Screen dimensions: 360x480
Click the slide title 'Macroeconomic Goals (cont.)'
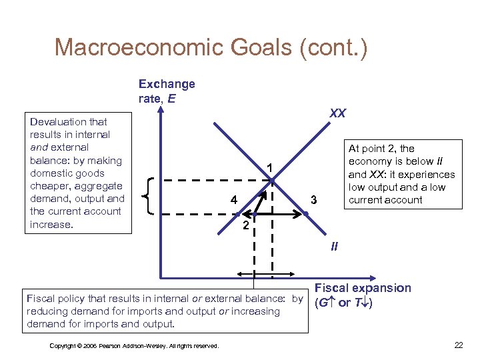point(211,48)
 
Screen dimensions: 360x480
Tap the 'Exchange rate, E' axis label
point(167,91)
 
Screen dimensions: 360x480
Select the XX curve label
point(337,113)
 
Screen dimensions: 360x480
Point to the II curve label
point(335,247)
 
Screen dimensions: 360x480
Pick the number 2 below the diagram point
point(245,227)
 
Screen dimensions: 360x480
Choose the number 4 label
point(233,200)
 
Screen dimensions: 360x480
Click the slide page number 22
point(458,345)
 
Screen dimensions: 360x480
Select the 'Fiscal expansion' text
point(363,288)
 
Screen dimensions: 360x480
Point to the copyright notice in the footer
point(134,345)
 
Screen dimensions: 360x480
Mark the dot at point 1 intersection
point(273,179)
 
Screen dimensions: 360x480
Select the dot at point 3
point(306,213)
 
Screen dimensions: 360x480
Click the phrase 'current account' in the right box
point(385,200)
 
